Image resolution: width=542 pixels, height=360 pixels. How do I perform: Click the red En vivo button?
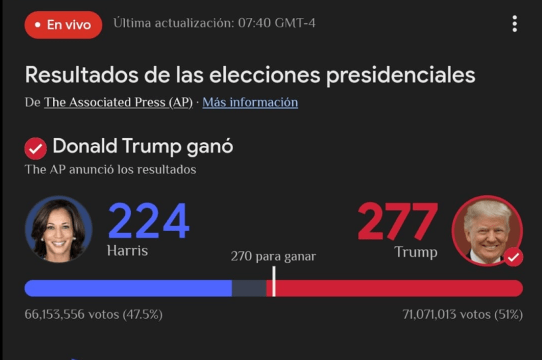tap(63, 25)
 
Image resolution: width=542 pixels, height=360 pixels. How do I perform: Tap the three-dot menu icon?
tap(514, 25)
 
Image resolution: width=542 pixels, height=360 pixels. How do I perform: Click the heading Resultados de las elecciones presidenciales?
tap(250, 75)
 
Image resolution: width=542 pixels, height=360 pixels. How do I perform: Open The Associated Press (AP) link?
tap(118, 102)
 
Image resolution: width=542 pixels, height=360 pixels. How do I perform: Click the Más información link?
tap(250, 102)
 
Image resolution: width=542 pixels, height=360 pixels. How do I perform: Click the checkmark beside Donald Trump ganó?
tap(35, 148)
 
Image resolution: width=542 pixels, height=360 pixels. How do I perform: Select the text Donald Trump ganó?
tap(143, 146)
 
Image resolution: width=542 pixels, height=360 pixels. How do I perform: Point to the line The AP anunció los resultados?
tap(110, 169)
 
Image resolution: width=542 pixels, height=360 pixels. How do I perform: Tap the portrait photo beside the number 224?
tap(58, 229)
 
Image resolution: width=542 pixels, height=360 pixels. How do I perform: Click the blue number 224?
tap(148, 222)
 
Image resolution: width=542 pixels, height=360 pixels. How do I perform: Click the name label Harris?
tap(127, 251)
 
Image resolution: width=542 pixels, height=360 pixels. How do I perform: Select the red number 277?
tap(397, 222)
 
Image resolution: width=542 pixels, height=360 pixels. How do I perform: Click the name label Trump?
tap(416, 252)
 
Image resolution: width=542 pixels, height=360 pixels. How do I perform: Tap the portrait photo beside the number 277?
tap(487, 231)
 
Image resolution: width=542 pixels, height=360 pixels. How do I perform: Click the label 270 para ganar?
tap(273, 256)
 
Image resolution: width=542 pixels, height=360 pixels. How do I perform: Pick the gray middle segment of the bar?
tap(248, 288)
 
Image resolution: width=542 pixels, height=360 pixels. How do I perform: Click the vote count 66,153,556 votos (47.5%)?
tap(94, 314)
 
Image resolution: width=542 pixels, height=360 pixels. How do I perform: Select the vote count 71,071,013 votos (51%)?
tap(462, 314)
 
